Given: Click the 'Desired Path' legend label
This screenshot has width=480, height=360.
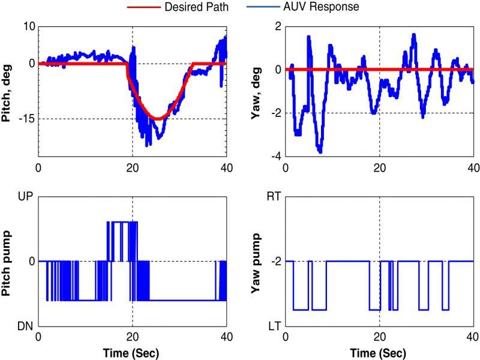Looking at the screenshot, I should pos(203,7).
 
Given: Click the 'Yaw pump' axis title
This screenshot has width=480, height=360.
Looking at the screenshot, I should pos(258,262).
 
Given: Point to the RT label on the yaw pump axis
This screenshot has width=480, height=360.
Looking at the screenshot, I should pos(274,196).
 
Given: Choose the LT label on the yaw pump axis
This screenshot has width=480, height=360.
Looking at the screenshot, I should pos(274,326).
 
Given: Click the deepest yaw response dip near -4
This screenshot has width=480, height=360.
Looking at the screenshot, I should pos(320,152).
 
